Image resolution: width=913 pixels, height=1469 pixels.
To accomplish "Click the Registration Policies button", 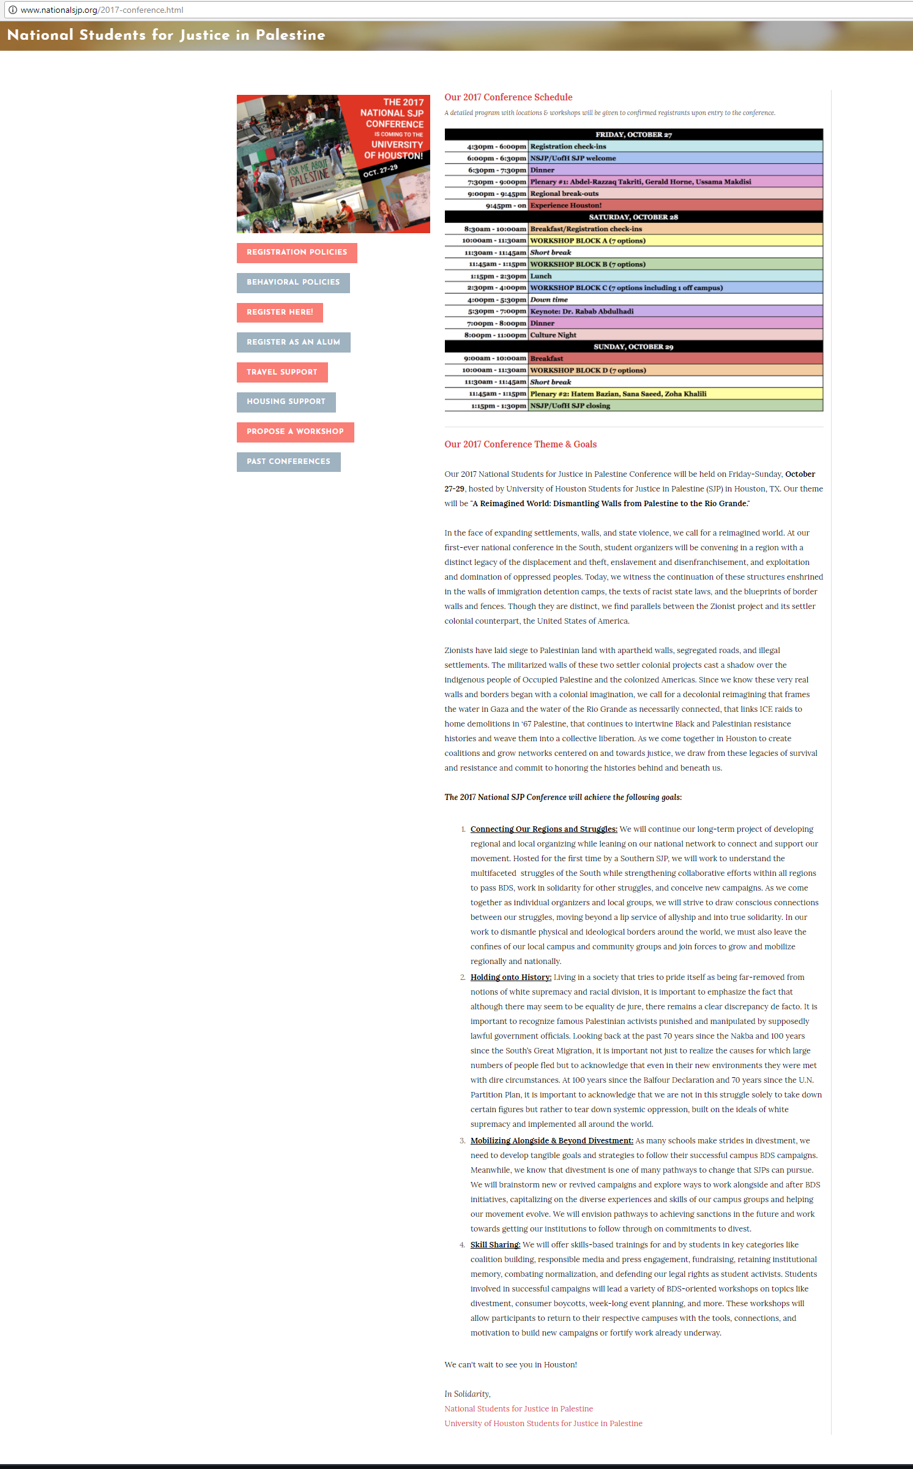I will pos(297,252).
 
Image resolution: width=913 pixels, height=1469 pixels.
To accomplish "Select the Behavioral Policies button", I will pos(293,282).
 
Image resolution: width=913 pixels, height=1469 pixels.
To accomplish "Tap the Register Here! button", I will pos(280,312).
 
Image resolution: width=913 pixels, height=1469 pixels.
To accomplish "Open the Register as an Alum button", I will pos(293,342).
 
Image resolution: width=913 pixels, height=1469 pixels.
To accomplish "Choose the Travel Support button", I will pos(282,372).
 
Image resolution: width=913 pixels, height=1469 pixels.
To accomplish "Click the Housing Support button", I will pos(286,402).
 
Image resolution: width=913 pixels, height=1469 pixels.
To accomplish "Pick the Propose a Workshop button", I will pos(295,432).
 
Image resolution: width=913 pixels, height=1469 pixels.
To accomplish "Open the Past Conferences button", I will pos(288,462).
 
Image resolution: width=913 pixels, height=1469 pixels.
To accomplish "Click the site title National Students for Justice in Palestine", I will pos(166,35).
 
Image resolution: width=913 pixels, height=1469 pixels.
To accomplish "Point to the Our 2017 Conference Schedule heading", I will pos(508,97).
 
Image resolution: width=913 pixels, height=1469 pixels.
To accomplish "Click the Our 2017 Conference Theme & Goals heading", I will pos(520,444).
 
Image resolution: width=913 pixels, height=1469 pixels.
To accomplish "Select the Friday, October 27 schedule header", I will pos(633,135).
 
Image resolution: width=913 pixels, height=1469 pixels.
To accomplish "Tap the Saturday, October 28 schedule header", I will pos(633,217).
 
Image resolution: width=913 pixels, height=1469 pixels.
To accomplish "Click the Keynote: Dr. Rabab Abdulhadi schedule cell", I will pos(581,312).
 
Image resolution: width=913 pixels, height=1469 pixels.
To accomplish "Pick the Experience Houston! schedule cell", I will pos(565,206).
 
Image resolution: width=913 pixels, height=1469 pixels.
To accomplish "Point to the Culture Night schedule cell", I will pos(553,335).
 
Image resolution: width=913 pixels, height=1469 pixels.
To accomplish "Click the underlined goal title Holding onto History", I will pos(510,977).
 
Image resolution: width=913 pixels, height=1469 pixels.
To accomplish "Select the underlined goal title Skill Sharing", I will pos(495,1245).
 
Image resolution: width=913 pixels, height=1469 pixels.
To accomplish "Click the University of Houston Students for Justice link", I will pos(543,1424).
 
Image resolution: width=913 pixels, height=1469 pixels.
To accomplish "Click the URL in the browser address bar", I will pos(102,10).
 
